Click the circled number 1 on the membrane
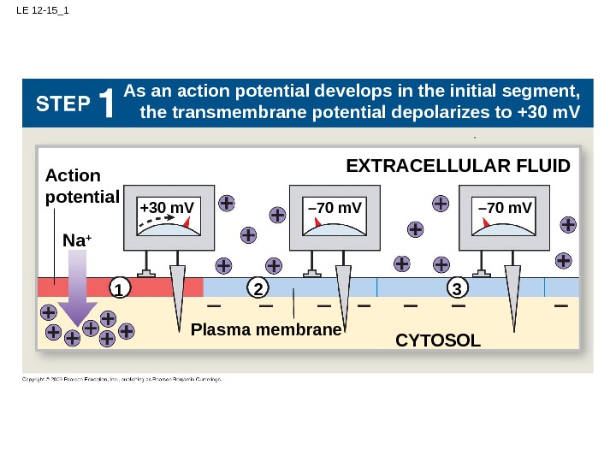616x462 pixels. (119, 289)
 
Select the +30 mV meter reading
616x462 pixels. (166, 208)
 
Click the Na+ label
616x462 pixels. (76, 242)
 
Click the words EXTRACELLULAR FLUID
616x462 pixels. (457, 165)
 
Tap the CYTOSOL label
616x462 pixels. (438, 341)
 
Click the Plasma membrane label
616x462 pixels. (265, 329)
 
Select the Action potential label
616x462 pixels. (80, 186)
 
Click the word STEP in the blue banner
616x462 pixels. (63, 104)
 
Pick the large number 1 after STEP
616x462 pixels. (107, 104)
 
